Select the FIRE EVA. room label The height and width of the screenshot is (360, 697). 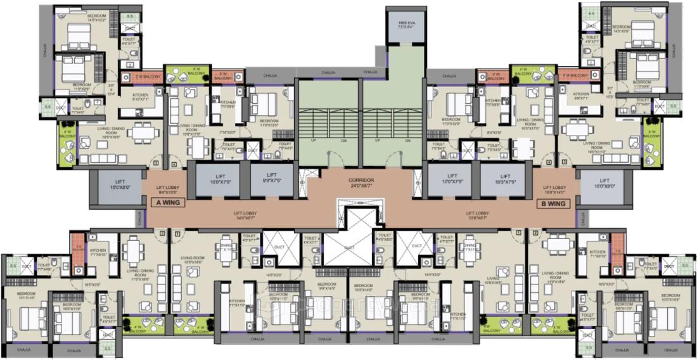[406, 26]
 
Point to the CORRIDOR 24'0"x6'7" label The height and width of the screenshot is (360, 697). [361, 183]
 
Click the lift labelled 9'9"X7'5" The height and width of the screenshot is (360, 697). [272, 178]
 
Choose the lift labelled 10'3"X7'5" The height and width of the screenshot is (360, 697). [502, 178]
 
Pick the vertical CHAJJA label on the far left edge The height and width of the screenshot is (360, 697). [45, 51]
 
